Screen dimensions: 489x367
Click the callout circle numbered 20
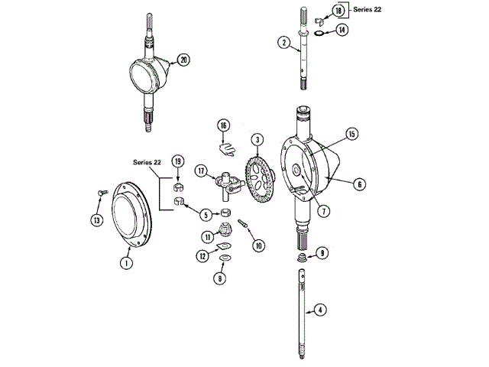[183, 60]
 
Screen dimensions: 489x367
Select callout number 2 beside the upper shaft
[284, 43]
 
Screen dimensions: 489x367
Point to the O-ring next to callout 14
[319, 31]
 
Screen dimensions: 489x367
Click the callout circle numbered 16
[223, 125]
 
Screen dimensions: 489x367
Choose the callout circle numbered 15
[352, 134]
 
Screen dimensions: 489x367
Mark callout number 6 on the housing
[360, 183]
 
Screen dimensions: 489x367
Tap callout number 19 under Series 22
[177, 161]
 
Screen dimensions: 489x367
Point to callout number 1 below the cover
[125, 261]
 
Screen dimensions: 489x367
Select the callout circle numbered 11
[209, 237]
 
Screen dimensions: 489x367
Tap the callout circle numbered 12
[202, 256]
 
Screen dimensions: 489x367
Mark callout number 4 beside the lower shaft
[320, 310]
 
